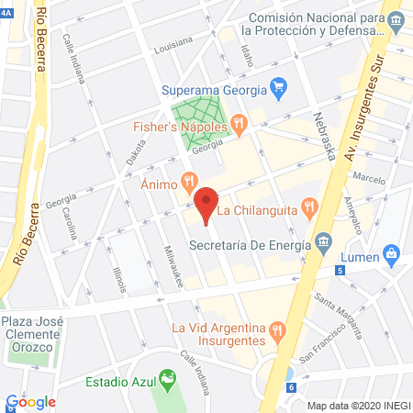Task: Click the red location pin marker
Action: (206, 204)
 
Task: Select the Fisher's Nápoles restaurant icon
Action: (238, 121)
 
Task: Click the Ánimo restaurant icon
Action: (189, 181)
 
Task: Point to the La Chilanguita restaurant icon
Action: (308, 208)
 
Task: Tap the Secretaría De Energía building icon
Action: (323, 243)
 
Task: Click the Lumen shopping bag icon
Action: (391, 252)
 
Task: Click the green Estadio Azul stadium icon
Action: (166, 378)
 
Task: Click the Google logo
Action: (30, 401)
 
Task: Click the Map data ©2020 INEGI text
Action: (357, 405)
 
